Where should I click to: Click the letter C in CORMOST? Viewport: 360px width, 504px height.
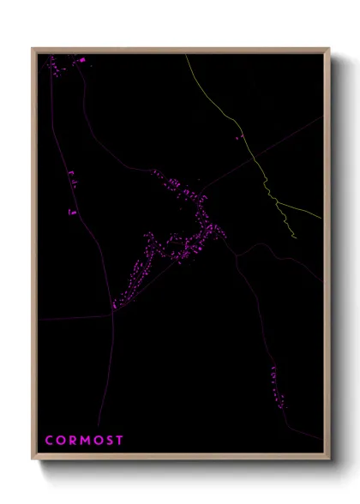(x=49, y=441)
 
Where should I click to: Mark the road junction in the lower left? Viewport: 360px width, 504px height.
(x=113, y=314)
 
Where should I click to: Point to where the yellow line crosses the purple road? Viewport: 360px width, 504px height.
(x=254, y=155)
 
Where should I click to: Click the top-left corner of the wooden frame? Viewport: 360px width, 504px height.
(x=33, y=49)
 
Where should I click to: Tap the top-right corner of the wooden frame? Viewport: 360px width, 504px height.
(x=328, y=49)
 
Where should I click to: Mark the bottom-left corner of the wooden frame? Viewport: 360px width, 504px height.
(x=33, y=459)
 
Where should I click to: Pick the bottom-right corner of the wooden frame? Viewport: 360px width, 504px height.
(x=328, y=459)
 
